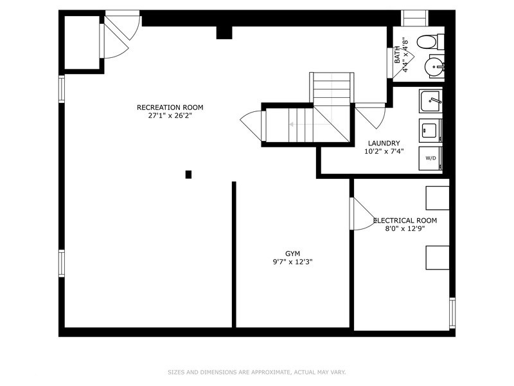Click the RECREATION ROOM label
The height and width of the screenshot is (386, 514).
(x=170, y=107)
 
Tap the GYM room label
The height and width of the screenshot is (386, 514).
(x=292, y=253)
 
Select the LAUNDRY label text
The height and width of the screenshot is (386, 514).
(x=384, y=143)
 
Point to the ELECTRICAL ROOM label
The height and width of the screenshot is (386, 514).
(x=405, y=221)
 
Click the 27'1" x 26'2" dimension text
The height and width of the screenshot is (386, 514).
(x=170, y=116)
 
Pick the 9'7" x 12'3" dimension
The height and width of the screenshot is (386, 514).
(x=292, y=262)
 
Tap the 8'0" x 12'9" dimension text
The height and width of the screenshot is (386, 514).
(x=405, y=229)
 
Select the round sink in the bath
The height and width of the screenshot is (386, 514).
(x=434, y=67)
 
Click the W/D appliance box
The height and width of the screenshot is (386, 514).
(x=430, y=158)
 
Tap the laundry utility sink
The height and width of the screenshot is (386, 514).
(x=430, y=100)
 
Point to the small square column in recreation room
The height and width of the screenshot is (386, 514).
(x=188, y=174)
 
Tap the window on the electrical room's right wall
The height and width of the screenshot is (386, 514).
(x=452, y=313)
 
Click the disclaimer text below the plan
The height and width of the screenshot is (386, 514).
(x=256, y=372)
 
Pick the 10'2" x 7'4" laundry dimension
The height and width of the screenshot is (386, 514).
(x=384, y=151)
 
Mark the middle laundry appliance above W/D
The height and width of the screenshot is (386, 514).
(x=430, y=131)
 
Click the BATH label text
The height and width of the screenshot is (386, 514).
(x=397, y=55)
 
